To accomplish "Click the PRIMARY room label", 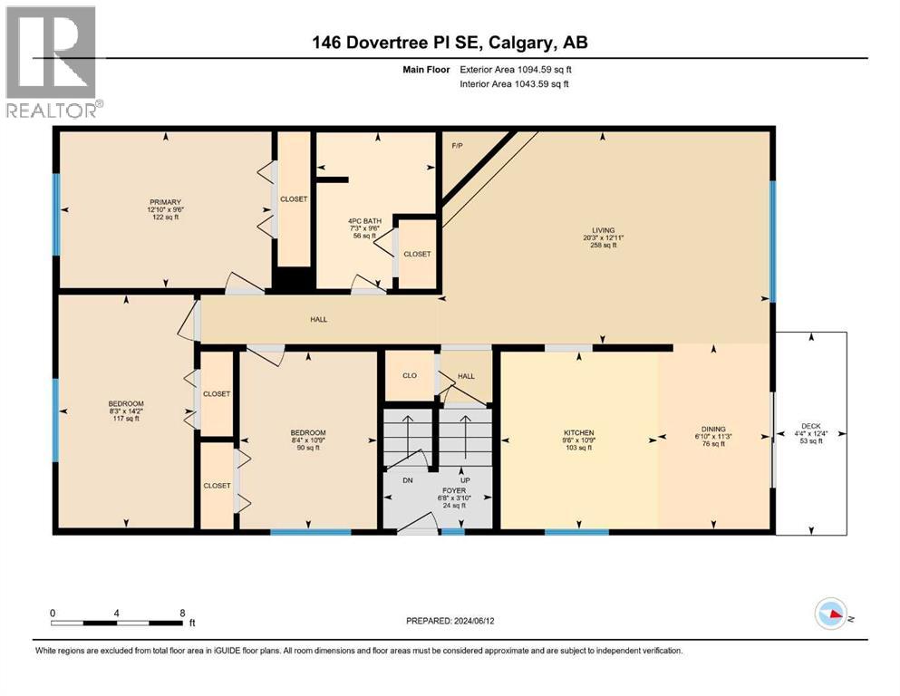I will pyautogui.click(x=166, y=202).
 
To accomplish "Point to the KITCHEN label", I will pyautogui.click(x=577, y=432).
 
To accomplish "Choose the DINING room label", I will pyautogui.click(x=713, y=430).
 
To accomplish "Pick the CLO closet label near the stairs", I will pyautogui.click(x=409, y=375).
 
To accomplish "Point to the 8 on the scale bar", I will pyautogui.click(x=182, y=613).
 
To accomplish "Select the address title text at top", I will pyautogui.click(x=450, y=43).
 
